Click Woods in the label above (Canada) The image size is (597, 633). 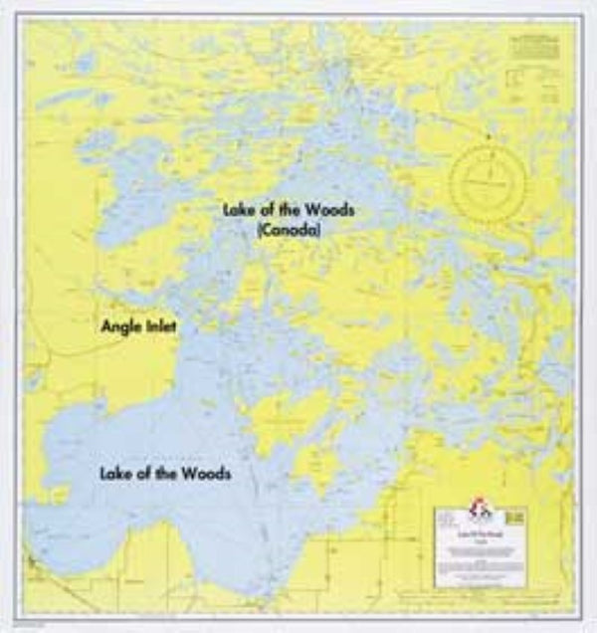click(327, 210)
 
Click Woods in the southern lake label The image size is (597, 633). click(205, 474)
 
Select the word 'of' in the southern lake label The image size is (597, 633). click(144, 474)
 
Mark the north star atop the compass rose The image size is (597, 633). click(488, 136)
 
